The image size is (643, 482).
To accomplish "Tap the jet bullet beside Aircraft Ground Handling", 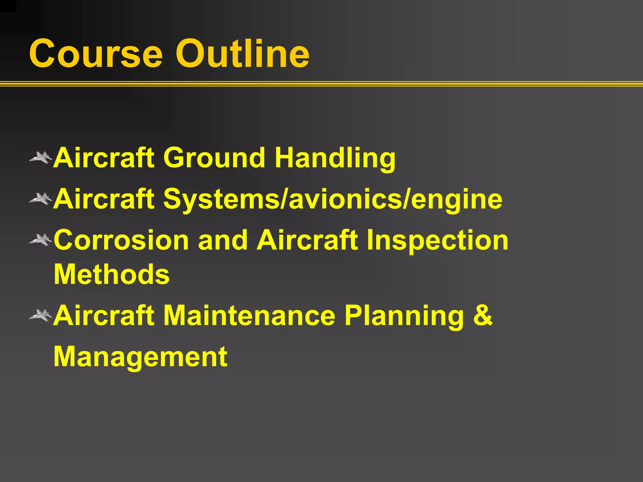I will (41, 158).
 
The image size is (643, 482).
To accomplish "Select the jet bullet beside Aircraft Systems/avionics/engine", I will (41, 199).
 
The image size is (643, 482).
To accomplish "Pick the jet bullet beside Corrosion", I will (41, 240).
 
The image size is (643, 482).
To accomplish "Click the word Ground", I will (214, 158).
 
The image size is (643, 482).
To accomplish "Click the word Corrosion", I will (121, 240).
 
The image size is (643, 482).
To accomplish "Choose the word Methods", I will (112, 274).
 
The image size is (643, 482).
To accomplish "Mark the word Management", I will (140, 358).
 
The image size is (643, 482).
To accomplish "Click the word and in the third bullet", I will (223, 240).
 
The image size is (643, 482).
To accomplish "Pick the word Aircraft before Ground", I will (104, 158).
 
